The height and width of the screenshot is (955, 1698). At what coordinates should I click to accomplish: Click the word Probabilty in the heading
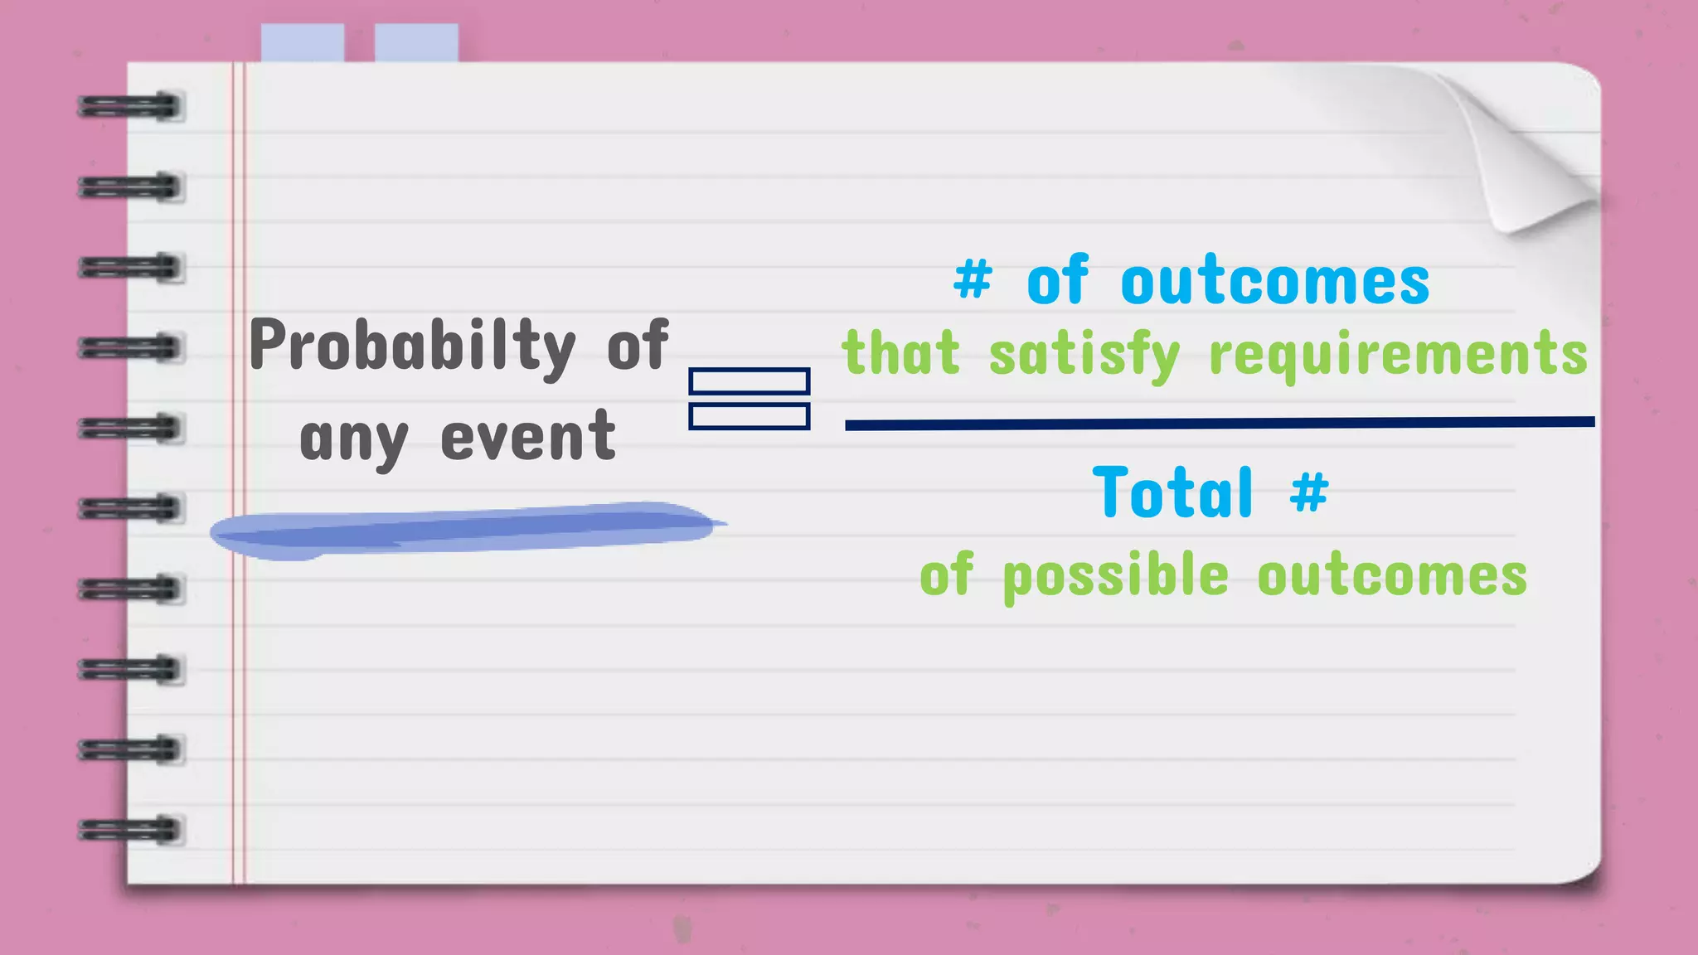pos(412,346)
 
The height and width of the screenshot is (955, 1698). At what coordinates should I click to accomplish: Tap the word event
pos(528,436)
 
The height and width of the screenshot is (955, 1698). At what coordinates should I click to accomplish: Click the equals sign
pos(749,399)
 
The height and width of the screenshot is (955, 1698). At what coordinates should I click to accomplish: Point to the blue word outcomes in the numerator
pos(1275,282)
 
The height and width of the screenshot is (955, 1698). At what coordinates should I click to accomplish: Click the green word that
pos(900,353)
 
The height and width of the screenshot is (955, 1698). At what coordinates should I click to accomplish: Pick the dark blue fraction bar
pos(1219,424)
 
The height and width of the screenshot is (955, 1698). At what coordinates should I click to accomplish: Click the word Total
pos(1172,492)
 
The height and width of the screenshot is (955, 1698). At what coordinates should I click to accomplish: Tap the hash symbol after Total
pos(1309,491)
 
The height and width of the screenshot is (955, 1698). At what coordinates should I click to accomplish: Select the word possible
pos(1115,576)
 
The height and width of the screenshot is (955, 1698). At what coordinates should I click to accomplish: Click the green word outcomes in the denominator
pos(1392,575)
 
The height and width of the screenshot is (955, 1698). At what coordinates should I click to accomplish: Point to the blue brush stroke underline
pos(464,529)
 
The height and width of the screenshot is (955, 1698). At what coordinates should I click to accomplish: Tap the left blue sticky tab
pos(303,42)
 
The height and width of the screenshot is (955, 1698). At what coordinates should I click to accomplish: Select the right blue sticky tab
pos(416,42)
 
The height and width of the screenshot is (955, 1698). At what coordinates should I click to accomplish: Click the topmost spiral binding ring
pos(130,107)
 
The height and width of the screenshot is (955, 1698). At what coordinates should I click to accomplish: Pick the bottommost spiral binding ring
pos(130,829)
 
